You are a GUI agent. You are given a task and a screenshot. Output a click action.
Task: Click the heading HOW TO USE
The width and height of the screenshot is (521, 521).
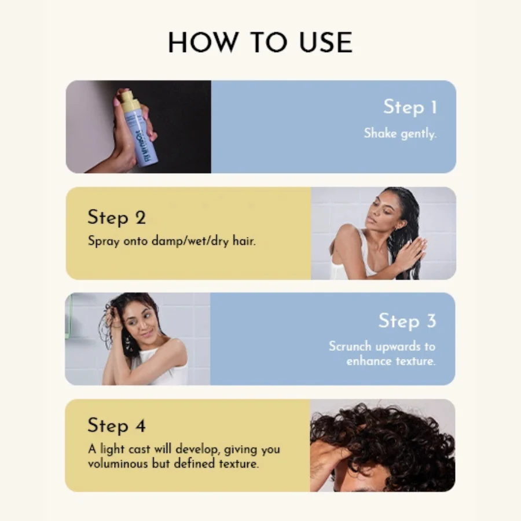[260, 42]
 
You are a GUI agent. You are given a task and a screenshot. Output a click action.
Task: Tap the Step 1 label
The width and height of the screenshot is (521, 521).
[410, 107]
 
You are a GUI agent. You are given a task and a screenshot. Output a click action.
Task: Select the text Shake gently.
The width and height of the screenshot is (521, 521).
[400, 134]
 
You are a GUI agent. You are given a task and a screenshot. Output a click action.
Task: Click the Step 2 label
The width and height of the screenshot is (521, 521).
[116, 218]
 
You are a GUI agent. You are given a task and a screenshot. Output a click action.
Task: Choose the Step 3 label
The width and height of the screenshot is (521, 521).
[408, 321]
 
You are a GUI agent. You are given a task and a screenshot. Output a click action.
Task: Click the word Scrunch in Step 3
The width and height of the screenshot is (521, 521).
[350, 346]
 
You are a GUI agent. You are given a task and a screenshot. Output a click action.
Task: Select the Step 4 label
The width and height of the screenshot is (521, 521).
[116, 425]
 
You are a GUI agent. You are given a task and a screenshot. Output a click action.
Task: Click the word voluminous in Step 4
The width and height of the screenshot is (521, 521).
[118, 463]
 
